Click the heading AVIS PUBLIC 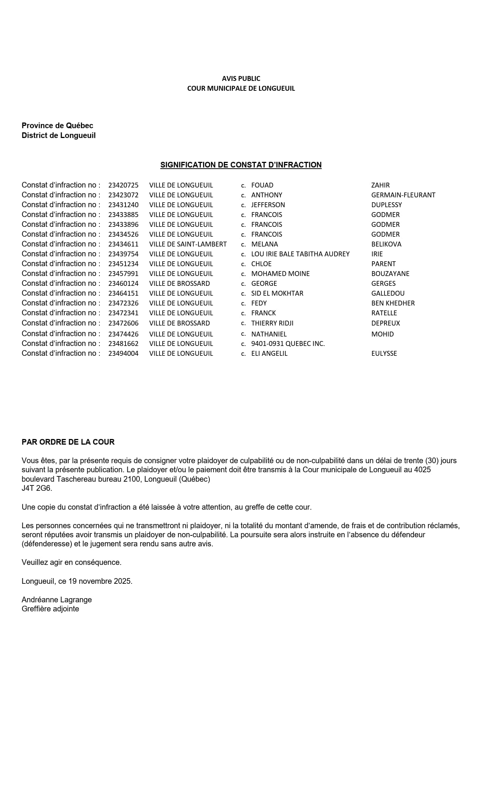[241, 78]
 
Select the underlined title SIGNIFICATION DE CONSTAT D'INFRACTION [241, 165]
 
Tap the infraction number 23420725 [123, 185]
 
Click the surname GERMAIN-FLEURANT [403, 195]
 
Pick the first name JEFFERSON [268, 205]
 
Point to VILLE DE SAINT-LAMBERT [188, 244]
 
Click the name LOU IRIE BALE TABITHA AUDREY [300, 254]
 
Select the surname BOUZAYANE [390, 274]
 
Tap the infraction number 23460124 [123, 284]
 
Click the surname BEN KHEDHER [393, 303]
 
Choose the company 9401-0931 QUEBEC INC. [288, 344]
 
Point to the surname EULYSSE [384, 354]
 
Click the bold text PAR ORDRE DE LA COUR [68, 442]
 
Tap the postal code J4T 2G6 [37, 488]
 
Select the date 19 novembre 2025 [100, 581]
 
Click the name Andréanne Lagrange [57, 600]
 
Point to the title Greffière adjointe [50, 609]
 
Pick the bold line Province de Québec [57, 126]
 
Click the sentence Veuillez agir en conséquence [71, 562]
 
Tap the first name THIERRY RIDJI [272, 323]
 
